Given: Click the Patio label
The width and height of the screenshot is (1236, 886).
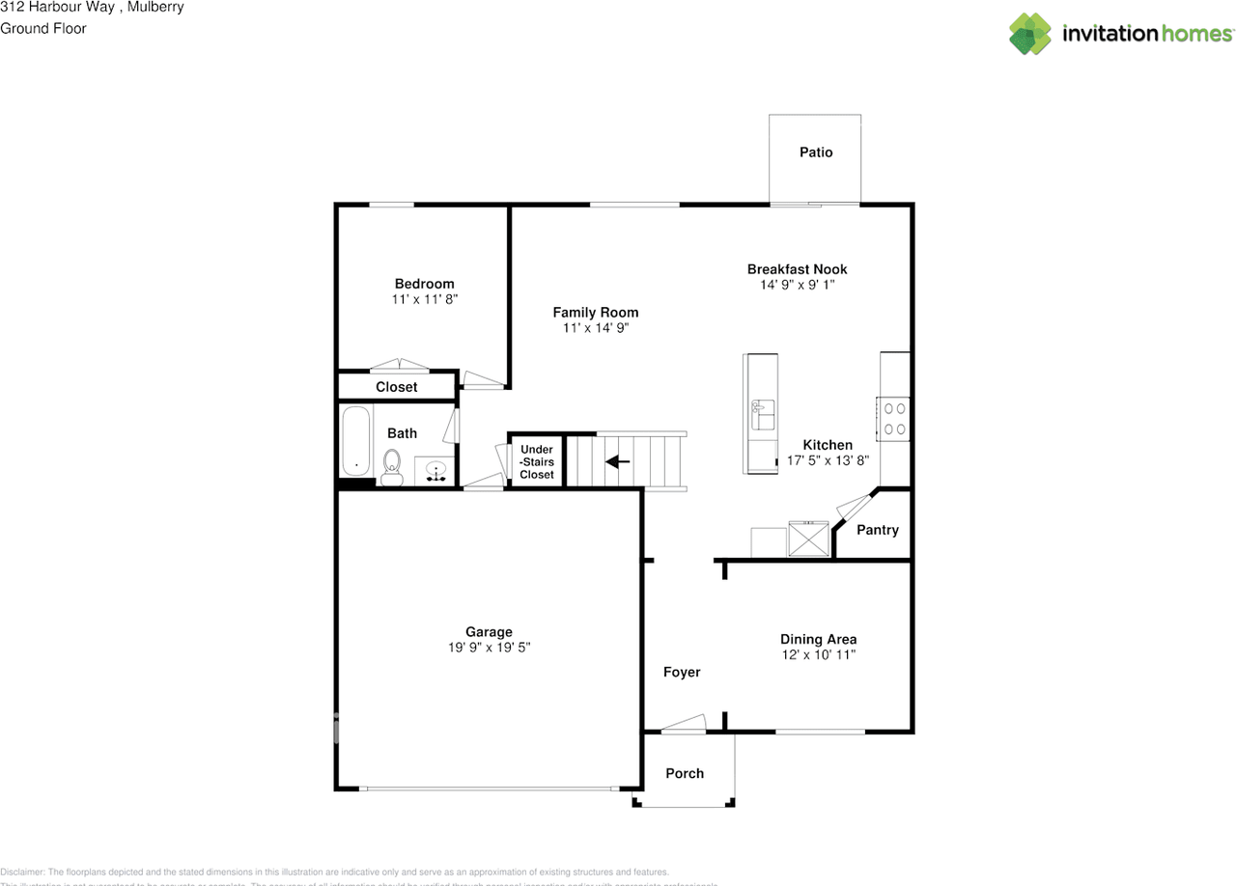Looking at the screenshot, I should pos(816,152).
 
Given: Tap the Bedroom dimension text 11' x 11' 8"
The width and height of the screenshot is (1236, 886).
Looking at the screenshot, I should pos(424,300).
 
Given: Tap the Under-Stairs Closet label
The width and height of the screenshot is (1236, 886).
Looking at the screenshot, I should pos(537,462).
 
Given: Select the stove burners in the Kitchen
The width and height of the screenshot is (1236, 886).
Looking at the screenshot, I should pos(894,418).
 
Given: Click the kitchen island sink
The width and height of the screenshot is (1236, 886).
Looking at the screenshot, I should pos(763,414).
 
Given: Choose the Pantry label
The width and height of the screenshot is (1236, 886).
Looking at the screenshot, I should pos(878,530).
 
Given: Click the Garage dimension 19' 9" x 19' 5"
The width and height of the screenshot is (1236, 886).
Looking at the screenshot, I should pos(490,649).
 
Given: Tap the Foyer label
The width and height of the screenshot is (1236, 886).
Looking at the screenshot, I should pos(682,672).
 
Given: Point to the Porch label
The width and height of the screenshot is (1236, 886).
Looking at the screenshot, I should pos(685,773).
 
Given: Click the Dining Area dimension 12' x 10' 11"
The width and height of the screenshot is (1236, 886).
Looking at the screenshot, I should pos(818,655).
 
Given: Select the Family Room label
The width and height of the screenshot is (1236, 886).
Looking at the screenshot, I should pos(596,312).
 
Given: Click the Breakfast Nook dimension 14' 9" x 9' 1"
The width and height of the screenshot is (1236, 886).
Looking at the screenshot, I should pos(797,285).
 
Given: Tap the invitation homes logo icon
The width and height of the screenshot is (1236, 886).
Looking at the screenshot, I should pos(1030,34).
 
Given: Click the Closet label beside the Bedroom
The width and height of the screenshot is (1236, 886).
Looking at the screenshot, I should pos(397,387).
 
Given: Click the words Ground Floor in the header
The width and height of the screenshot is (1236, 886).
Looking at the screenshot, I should pos(43,28).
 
